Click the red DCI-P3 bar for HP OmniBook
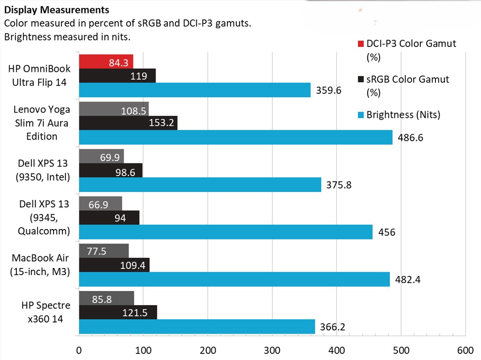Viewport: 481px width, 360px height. tap(106, 61)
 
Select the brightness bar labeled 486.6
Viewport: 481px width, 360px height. tap(235, 137)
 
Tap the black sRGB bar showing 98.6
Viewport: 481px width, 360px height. tap(110, 170)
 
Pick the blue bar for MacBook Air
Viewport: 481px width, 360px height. tap(234, 279)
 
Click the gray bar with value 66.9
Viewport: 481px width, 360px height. tap(100, 204)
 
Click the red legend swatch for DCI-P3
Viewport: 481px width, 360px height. tap(360, 44)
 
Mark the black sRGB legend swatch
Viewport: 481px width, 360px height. tap(360, 79)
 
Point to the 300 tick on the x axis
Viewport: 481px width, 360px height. tap(272, 350)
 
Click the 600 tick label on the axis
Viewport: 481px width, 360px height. tap(465, 350)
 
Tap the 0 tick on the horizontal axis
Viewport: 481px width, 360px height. tap(79, 350)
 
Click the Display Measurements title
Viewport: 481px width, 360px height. tap(57, 10)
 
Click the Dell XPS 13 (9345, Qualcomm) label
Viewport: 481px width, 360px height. tap(44, 217)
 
